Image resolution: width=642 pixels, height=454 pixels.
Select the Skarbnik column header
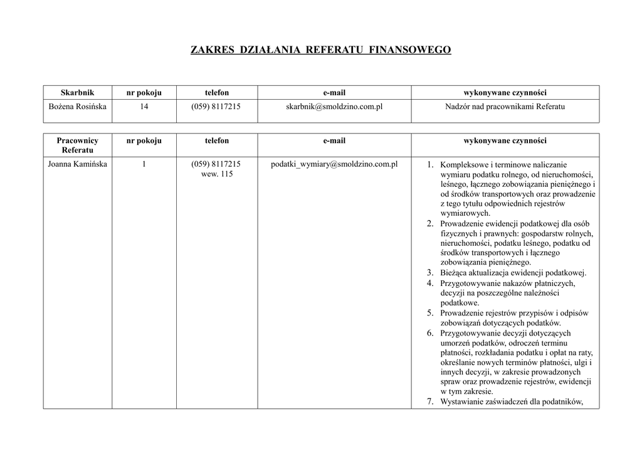[x=77, y=93]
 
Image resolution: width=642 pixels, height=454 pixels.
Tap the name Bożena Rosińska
[x=78, y=107]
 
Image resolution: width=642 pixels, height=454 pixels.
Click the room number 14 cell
[x=144, y=107]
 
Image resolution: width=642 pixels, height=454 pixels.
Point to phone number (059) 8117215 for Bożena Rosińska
[x=216, y=107]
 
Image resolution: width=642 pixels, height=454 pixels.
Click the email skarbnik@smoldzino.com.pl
[x=334, y=107]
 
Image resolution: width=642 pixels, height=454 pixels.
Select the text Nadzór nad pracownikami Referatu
[x=505, y=107]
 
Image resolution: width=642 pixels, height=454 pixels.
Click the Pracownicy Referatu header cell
[x=77, y=145]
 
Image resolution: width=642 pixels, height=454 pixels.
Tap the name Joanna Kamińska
[x=78, y=164]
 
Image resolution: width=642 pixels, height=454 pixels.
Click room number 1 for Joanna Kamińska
[x=144, y=164]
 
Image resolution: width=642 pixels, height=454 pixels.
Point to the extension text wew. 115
[x=216, y=174]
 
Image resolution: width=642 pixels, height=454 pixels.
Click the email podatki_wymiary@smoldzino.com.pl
[x=334, y=164]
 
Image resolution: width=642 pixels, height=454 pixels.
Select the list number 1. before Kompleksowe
[x=431, y=165]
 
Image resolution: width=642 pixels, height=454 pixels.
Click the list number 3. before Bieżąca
[x=431, y=273]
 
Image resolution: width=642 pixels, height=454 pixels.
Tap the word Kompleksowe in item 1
[x=465, y=165]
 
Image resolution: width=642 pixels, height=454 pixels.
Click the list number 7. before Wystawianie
[x=431, y=402]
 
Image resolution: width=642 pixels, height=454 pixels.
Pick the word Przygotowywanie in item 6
[x=470, y=333]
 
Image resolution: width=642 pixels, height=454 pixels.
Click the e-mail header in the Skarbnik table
[x=334, y=93]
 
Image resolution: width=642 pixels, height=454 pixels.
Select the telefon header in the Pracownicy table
[x=216, y=141]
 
